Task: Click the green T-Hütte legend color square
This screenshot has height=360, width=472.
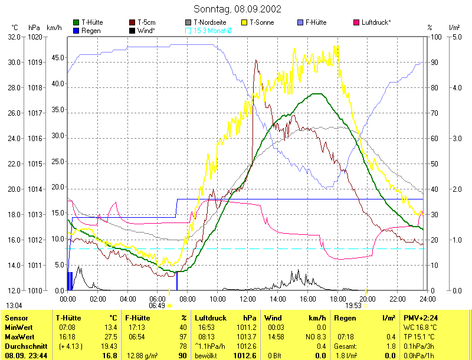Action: (x=76, y=22)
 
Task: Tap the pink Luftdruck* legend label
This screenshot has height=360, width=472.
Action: (x=376, y=22)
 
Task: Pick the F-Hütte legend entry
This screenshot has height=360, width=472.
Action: (x=316, y=22)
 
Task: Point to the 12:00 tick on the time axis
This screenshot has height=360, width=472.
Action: (x=247, y=299)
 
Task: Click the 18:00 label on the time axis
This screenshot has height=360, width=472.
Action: (x=337, y=299)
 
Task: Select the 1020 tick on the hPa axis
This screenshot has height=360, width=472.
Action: (x=35, y=37)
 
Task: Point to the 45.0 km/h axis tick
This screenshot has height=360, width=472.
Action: (x=57, y=58)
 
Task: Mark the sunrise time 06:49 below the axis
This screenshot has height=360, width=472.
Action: (x=157, y=305)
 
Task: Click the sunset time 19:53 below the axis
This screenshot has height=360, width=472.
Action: (x=353, y=305)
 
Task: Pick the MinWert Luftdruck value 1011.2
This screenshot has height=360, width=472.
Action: (x=247, y=328)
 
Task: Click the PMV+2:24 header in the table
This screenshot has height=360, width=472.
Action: (x=420, y=318)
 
